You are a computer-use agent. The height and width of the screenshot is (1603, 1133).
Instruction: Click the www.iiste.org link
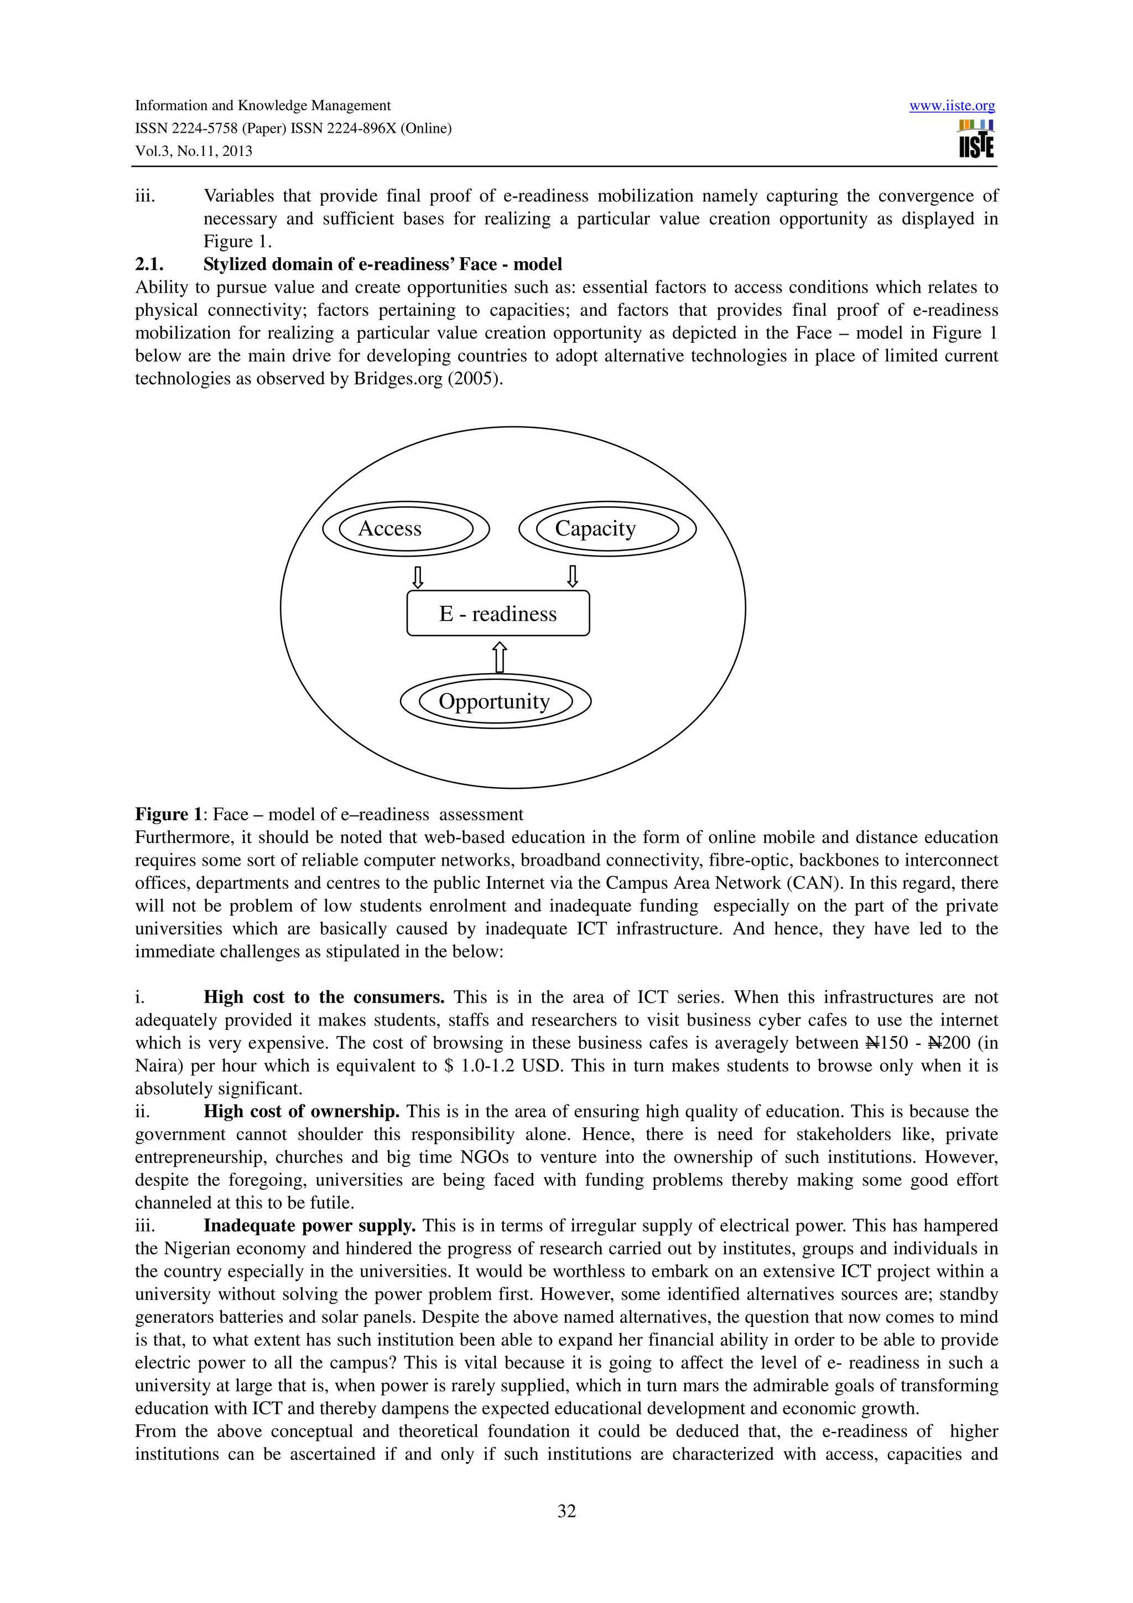(952, 106)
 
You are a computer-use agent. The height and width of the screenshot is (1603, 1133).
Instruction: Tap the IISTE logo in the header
(976, 139)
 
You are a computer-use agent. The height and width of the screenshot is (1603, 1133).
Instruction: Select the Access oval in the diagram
(406, 528)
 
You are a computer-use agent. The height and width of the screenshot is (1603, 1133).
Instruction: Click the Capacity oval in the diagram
(607, 528)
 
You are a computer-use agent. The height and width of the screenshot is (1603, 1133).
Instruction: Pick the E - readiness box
(498, 613)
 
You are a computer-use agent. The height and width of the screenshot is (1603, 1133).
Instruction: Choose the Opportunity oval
(496, 701)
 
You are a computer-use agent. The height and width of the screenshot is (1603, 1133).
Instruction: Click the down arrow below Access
(418, 577)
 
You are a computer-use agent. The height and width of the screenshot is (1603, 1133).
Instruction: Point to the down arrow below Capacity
(573, 577)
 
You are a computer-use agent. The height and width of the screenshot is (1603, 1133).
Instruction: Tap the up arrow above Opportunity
(499, 658)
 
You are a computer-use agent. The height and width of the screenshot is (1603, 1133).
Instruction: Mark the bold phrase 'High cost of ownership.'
(301, 1111)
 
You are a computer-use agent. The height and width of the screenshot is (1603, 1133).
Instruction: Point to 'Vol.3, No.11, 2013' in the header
(194, 151)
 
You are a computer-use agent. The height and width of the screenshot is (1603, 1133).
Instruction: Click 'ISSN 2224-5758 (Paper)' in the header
(210, 128)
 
